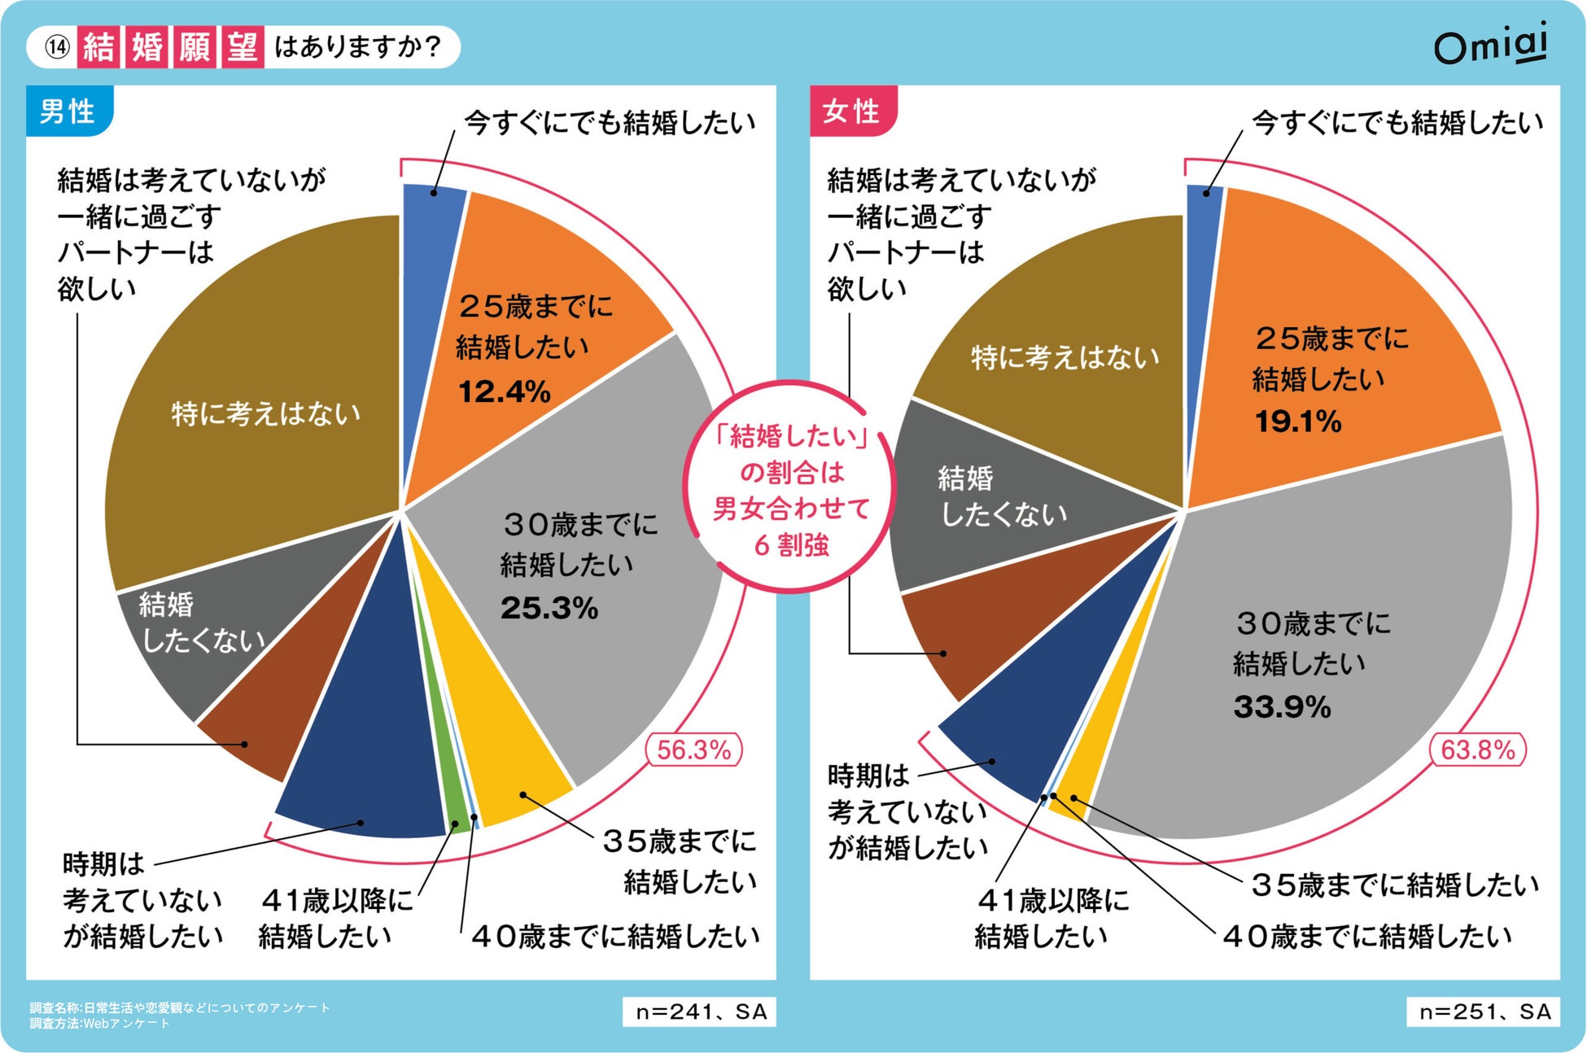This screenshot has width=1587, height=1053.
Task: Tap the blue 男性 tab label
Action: (x=68, y=111)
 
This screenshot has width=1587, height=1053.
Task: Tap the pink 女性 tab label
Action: (x=851, y=111)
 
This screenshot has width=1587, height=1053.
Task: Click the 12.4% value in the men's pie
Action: (x=504, y=392)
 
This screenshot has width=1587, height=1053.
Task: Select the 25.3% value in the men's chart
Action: (x=549, y=608)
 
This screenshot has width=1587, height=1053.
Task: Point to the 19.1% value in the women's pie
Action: (x=1297, y=422)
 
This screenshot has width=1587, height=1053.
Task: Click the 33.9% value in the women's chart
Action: (x=1282, y=706)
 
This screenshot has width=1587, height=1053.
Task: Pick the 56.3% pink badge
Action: (x=693, y=749)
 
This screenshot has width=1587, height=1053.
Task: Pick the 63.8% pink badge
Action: (x=1477, y=749)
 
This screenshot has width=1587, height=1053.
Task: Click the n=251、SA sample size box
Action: (x=1484, y=1011)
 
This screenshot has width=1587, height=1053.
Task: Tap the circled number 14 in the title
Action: (x=57, y=47)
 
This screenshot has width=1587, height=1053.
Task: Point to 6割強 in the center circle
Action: (x=791, y=545)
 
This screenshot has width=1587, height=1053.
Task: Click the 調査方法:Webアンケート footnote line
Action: (x=100, y=1024)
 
